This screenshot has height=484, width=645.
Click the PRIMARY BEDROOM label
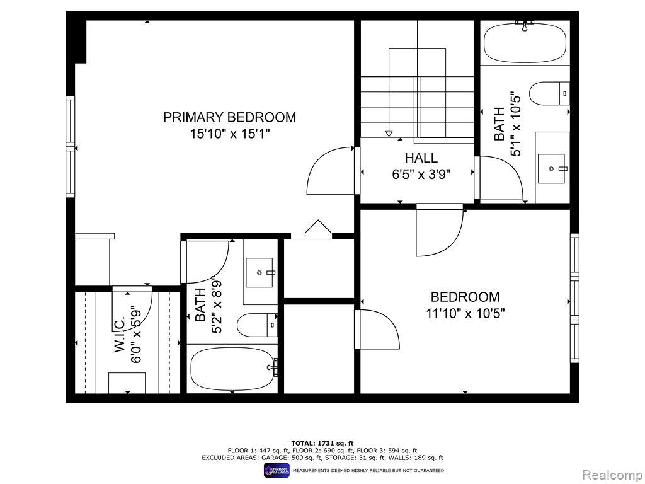coord(229,117)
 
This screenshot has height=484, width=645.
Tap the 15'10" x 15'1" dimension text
coord(229,134)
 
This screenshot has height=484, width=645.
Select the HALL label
coord(421,158)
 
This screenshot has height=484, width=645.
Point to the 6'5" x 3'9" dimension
coord(421,175)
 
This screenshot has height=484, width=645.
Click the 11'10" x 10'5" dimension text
coord(465,314)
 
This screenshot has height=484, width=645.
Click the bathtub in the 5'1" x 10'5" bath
coord(525,45)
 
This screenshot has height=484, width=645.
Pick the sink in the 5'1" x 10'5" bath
coord(551,168)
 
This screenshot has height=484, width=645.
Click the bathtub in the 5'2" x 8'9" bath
coord(233,368)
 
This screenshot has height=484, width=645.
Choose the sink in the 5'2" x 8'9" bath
coord(260,272)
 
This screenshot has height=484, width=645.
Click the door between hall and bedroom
coord(440,231)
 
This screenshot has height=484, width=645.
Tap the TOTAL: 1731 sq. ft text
coord(322,443)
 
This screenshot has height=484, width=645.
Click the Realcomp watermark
coord(612,475)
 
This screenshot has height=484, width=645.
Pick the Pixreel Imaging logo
coord(277,470)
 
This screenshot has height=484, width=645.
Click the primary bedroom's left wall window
coord(71,146)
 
